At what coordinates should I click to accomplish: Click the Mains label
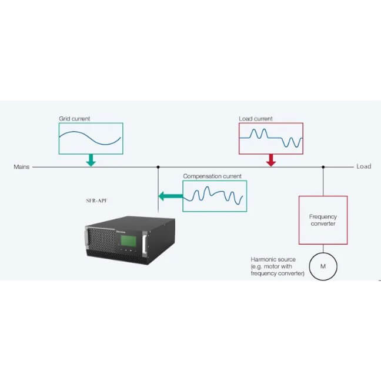click(21, 167)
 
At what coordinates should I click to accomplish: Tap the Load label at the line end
click(364, 166)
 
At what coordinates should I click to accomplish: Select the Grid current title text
click(74, 119)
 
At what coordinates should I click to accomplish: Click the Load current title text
click(256, 119)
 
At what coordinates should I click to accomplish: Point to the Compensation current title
click(212, 176)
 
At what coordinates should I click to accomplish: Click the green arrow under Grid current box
click(91, 160)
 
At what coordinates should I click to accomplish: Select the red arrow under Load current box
click(271, 160)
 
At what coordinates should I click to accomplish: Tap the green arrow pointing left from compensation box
click(171, 196)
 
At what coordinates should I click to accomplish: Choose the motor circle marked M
click(323, 266)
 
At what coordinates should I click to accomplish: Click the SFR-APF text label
click(96, 200)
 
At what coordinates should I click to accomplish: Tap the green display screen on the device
click(129, 241)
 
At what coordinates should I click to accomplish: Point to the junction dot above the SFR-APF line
click(158, 167)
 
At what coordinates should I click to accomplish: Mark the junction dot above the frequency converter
click(323, 167)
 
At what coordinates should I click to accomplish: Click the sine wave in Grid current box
click(90, 138)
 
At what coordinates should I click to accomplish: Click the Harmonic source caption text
click(278, 266)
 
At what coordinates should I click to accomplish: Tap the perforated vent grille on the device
click(102, 240)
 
